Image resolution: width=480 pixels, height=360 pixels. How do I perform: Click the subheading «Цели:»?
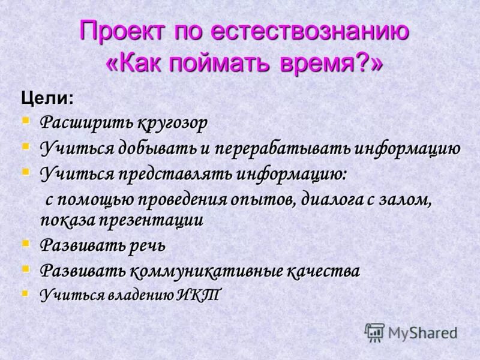tap(48, 98)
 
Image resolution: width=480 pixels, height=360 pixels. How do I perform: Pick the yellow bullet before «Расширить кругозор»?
tap(26, 121)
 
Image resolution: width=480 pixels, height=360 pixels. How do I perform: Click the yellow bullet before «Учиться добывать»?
tap(26, 146)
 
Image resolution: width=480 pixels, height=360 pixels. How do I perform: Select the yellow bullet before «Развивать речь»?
tap(26, 243)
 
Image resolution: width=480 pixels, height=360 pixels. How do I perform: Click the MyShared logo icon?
tap(375, 332)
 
